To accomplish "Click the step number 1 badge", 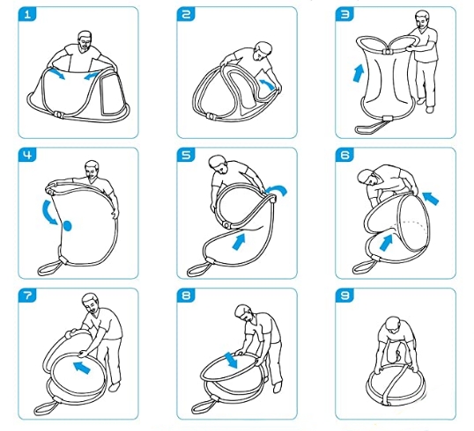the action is pyautogui.click(x=27, y=14).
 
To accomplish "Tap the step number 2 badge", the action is pyautogui.click(x=186, y=14).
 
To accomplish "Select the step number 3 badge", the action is pyautogui.click(x=344, y=14).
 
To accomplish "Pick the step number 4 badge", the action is pyautogui.click(x=27, y=155).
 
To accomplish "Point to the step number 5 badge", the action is pyautogui.click(x=186, y=155).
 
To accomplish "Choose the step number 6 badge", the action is pyautogui.click(x=344, y=155).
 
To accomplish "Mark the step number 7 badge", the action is pyautogui.click(x=27, y=296).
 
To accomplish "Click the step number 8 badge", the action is pyautogui.click(x=186, y=296).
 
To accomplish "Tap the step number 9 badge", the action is pyautogui.click(x=344, y=296).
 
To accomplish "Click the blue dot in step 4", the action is pyautogui.click(x=67, y=226).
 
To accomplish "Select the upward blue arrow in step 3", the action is pyautogui.click(x=359, y=73).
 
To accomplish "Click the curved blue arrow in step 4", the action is pyautogui.click(x=48, y=212).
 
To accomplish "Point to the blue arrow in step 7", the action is pyautogui.click(x=82, y=368).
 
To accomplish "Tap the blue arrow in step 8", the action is pyautogui.click(x=231, y=361).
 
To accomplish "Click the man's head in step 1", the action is pyautogui.click(x=85, y=40).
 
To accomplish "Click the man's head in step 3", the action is pyautogui.click(x=422, y=20).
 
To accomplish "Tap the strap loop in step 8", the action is pyautogui.click(x=204, y=406).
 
